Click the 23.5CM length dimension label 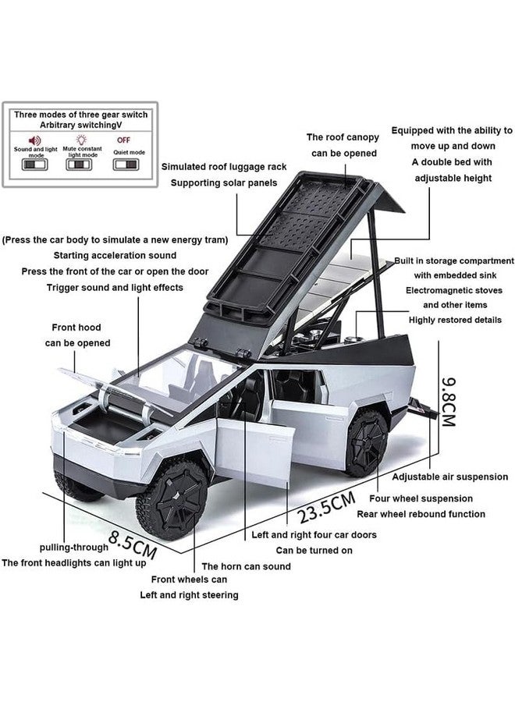point(327,507)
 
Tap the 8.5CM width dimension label point(133,544)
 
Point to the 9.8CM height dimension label point(448,402)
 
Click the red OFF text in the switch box point(123,140)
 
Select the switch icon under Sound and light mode point(35,165)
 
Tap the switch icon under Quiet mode point(126,165)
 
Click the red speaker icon point(34,140)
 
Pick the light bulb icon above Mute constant point(81,140)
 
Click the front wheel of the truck point(172,498)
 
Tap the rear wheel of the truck point(366,443)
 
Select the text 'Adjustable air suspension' point(450,477)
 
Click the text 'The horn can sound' point(247,566)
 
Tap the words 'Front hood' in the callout point(76,328)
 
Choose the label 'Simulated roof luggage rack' point(224,167)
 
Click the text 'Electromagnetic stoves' point(454,290)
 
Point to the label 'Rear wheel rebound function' point(421,514)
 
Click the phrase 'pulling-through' point(74,547)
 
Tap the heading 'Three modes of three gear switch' point(80,115)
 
